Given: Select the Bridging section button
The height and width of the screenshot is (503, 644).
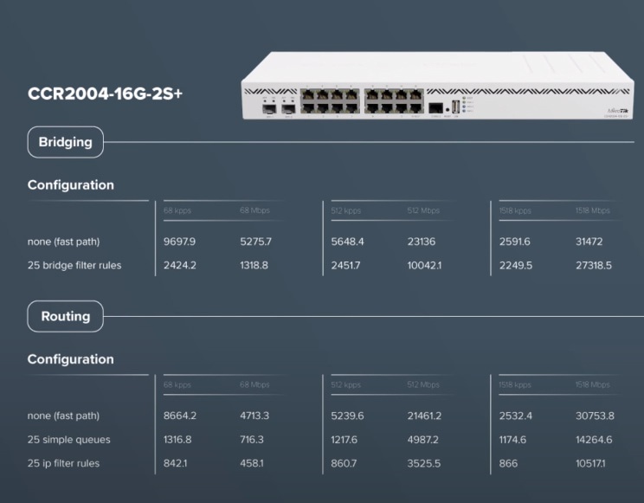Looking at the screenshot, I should tap(66, 142).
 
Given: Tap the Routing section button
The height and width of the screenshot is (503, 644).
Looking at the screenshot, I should tap(66, 316).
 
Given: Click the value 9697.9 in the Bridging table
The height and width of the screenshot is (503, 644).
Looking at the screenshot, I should tap(180, 242).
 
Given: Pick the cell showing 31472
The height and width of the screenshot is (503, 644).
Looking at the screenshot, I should tap(593, 242).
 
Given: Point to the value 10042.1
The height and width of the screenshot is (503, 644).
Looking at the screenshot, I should tap(424, 266).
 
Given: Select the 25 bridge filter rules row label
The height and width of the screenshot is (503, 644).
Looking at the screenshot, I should tap(74, 266).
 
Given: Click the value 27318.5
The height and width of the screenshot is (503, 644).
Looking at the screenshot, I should tap(594, 266).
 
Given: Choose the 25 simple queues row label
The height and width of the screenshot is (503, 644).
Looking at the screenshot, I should tap(69, 440).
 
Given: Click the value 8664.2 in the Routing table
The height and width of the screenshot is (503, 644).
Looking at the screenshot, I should tap(180, 416).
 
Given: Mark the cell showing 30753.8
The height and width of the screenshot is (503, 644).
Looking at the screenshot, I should tap(595, 416).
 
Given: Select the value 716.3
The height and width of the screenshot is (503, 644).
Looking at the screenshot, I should tap(252, 440).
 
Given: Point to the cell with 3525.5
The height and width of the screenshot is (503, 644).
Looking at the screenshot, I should tap(424, 463).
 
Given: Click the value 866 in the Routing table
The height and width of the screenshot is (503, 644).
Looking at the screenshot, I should tap(508, 463).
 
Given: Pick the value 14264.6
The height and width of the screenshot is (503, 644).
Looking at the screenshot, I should tap(594, 440).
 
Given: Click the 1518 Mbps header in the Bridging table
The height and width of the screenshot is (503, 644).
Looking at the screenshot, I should tap(592, 210).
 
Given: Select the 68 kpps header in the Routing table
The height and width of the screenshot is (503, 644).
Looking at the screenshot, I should tap(177, 384).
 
